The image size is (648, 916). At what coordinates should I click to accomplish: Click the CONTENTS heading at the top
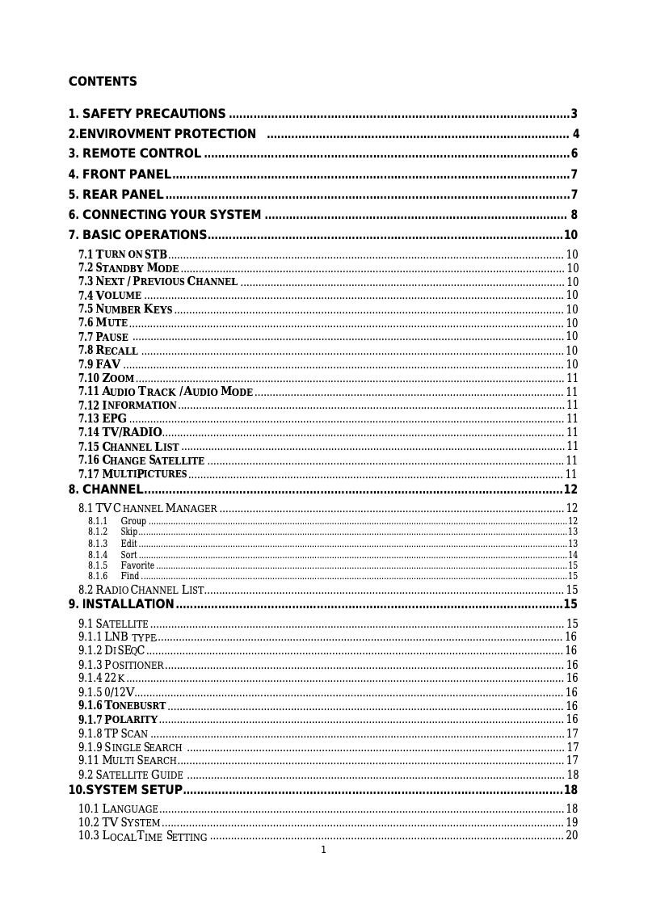point(103,82)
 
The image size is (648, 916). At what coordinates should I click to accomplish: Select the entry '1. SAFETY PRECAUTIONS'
point(147,114)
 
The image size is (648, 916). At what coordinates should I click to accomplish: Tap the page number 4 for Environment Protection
point(575,134)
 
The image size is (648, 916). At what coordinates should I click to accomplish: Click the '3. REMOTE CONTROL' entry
point(135,154)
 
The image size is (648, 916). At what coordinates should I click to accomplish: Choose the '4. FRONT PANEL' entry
point(120,174)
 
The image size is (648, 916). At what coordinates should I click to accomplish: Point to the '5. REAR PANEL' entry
point(116,195)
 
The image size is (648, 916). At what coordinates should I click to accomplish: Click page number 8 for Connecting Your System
point(574,215)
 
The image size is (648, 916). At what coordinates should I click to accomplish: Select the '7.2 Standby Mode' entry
point(128,268)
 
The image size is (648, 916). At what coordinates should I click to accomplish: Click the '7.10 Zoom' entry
point(106,378)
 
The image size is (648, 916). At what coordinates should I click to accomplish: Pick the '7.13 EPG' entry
point(103,418)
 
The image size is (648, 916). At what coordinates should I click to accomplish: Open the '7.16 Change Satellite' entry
point(141,460)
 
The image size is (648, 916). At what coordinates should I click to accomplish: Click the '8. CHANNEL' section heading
point(106,490)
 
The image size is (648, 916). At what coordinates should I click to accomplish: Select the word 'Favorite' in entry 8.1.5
point(137,565)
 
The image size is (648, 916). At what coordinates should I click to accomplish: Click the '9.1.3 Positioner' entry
point(121,665)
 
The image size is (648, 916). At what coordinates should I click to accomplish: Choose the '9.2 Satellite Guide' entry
point(130,775)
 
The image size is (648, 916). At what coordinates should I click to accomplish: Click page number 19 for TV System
point(571,822)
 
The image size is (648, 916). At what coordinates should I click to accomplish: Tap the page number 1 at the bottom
point(323,850)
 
